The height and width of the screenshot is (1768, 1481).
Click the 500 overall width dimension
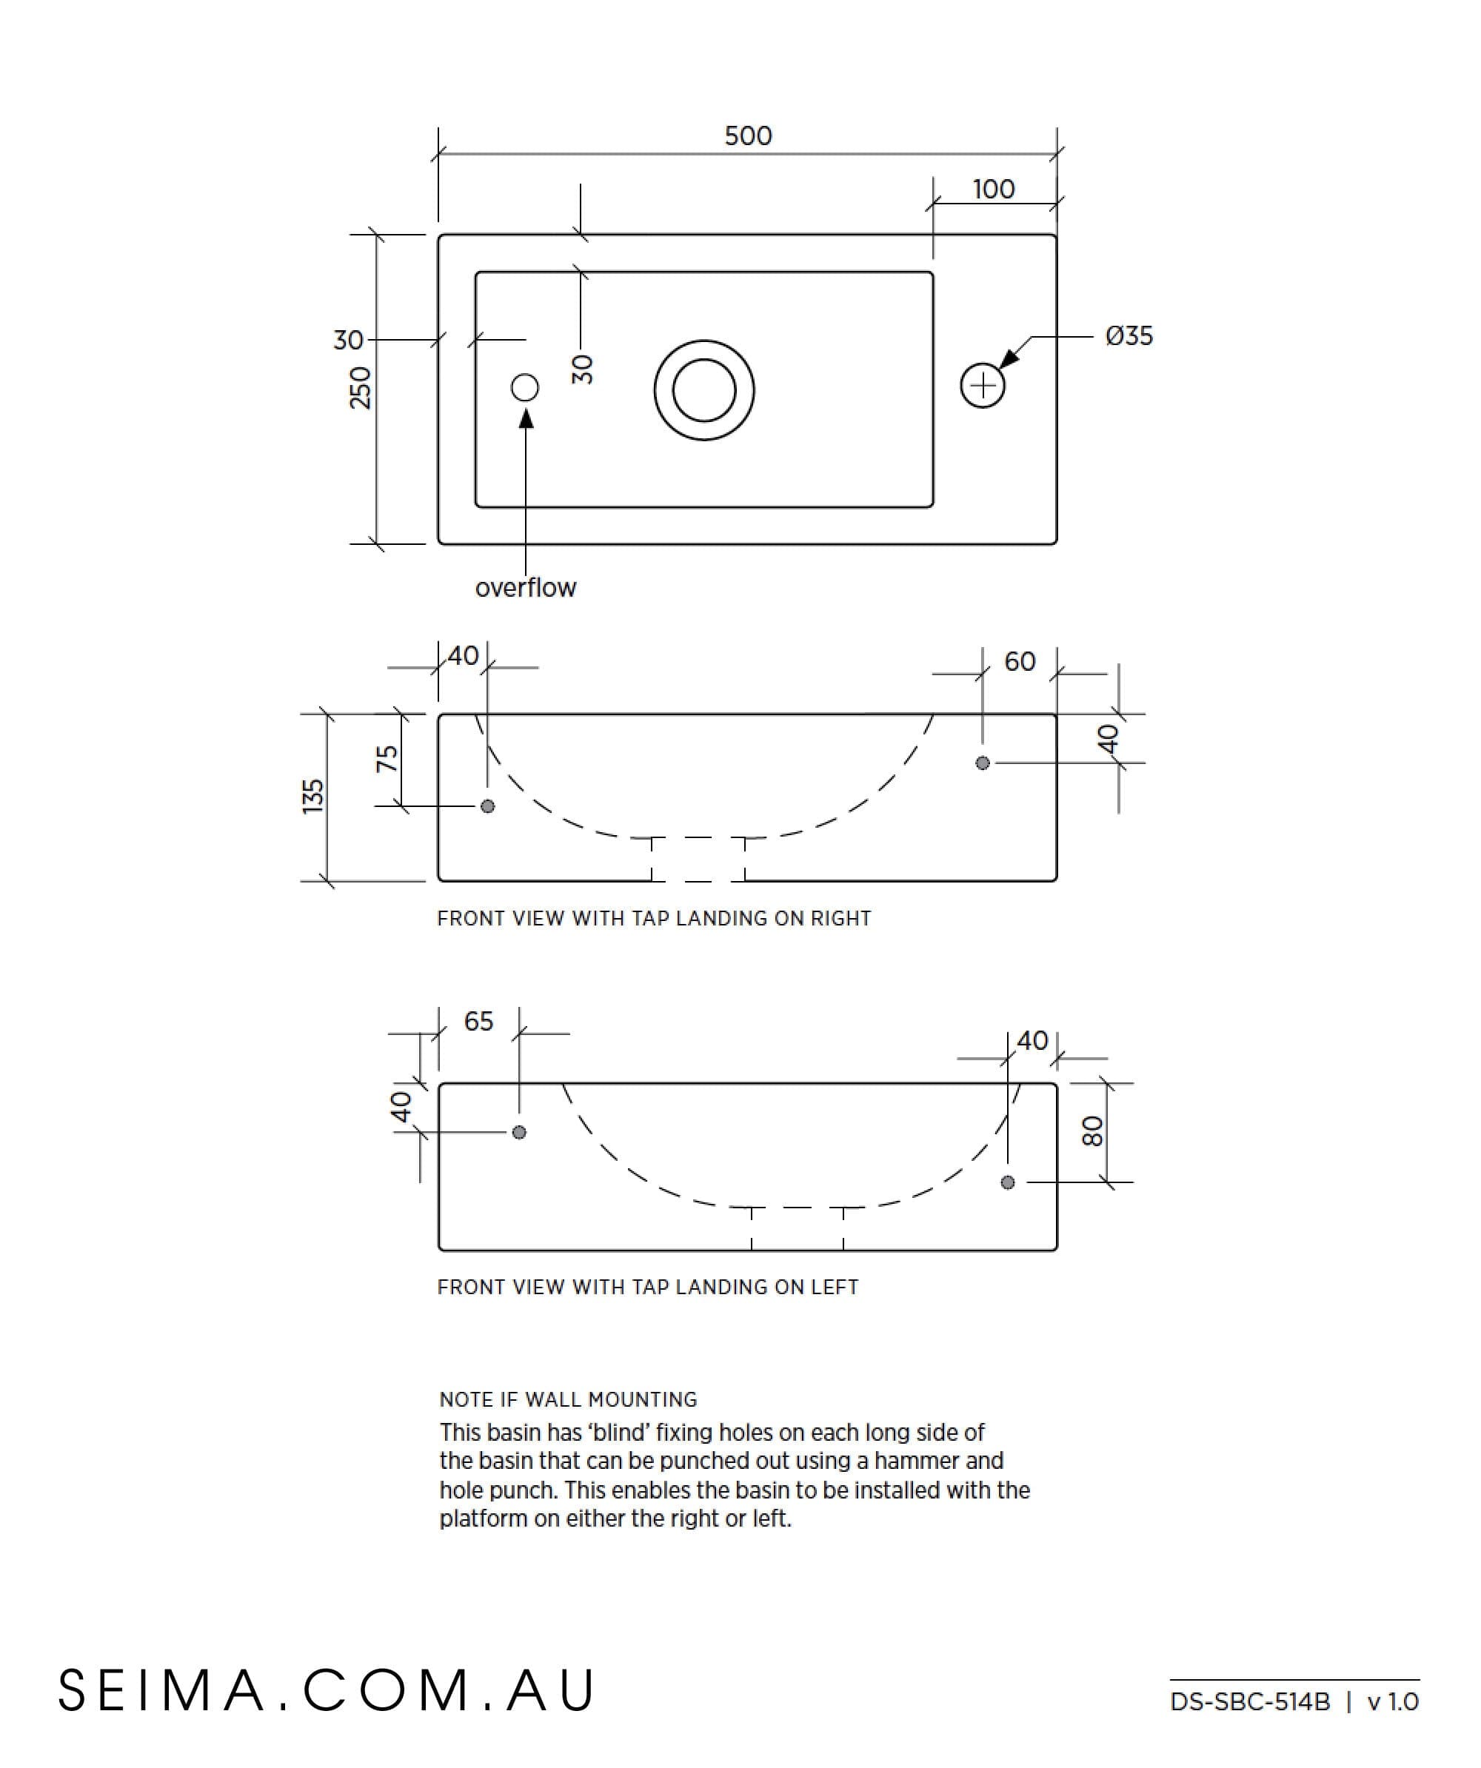click(x=748, y=135)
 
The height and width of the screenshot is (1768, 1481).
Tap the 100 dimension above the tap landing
click(x=994, y=189)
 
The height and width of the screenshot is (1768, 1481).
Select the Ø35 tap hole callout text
click(x=1129, y=336)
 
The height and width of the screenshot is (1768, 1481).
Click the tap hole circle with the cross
click(x=983, y=386)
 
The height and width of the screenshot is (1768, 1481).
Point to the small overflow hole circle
click(x=524, y=387)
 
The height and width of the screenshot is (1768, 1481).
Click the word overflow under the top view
click(x=525, y=588)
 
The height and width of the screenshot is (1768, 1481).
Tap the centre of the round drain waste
click(x=704, y=389)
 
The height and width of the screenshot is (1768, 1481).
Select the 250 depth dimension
click(x=361, y=388)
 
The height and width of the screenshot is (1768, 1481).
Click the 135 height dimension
click(x=313, y=797)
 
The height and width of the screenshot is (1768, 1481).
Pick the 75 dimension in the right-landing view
click(x=387, y=760)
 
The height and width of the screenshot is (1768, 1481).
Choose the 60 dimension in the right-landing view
click(x=1020, y=662)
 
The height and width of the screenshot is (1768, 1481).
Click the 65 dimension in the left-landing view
click(x=478, y=1021)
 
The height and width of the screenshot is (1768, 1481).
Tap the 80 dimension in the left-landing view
click(x=1091, y=1131)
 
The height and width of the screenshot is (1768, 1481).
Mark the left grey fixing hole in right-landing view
click(x=487, y=806)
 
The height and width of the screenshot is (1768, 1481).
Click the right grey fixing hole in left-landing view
click(x=1008, y=1183)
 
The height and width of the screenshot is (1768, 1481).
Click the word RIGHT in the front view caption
click(x=840, y=919)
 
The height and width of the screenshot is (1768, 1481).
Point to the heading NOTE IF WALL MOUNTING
click(x=568, y=1399)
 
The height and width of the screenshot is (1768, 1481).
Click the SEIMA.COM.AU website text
click(x=327, y=1690)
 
